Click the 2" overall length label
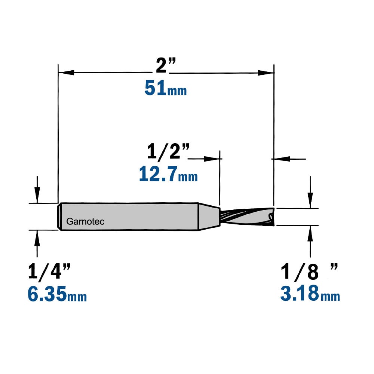[166, 65]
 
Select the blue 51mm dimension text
[166, 88]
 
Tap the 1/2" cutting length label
[168, 151]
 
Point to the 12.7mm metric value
[168, 174]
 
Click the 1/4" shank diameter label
[49, 271]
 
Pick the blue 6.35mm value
[57, 294]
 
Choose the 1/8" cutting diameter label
[309, 272]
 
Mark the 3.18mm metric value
[310, 294]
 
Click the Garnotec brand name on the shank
[85, 221]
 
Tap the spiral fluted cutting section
[247, 217]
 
